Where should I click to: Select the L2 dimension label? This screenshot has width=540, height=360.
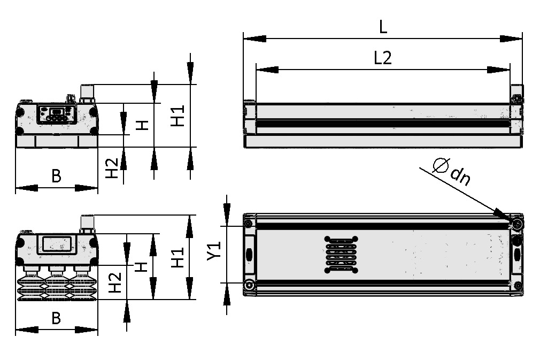click(x=382, y=58)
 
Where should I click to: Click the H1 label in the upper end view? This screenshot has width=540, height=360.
click(x=178, y=115)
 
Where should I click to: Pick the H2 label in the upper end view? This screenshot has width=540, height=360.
click(x=111, y=168)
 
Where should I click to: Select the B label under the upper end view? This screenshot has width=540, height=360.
click(x=56, y=175)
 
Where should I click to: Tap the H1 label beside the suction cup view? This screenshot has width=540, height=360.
click(x=178, y=257)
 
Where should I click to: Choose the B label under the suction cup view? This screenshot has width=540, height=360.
click(x=56, y=318)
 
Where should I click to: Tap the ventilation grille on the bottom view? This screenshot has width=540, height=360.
click(x=341, y=254)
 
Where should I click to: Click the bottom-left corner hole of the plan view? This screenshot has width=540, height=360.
click(x=249, y=285)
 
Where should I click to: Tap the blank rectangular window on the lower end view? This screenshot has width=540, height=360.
click(x=57, y=244)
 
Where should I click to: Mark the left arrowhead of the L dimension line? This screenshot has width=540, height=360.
click(x=251, y=38)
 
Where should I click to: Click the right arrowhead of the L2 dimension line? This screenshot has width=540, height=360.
click(x=502, y=69)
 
